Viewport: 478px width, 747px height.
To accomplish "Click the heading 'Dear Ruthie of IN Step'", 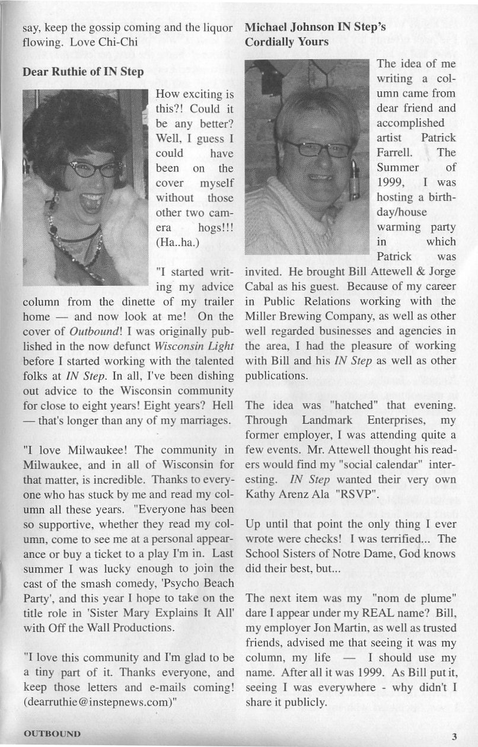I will (82, 73).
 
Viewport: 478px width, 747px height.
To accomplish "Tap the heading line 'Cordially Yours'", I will (286, 43).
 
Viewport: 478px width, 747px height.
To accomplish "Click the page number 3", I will (454, 737).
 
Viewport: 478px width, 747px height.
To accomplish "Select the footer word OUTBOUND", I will (52, 734).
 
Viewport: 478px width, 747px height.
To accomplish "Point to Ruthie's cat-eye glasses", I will (95, 170).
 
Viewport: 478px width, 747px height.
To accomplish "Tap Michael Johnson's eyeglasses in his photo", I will (317, 148).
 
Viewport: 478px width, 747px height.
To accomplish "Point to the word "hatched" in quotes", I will (359, 405).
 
